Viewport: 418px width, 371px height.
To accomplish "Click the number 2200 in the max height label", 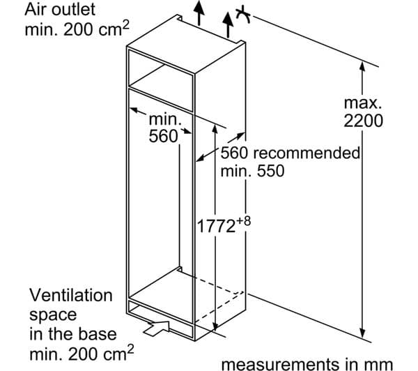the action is [x=363, y=121].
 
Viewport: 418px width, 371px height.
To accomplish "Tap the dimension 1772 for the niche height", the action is [x=216, y=227].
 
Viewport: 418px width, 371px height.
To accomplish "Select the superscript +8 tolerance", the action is [x=243, y=221].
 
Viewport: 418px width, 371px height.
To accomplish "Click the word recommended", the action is [x=307, y=153].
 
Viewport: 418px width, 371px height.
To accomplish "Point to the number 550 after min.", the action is [x=270, y=171].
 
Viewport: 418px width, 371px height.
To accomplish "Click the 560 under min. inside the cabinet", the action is [x=163, y=136].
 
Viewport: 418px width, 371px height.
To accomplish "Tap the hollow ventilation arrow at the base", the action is [x=157, y=328].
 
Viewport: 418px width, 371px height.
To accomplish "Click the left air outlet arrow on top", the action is [x=199, y=13].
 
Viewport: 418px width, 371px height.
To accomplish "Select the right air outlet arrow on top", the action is [x=228, y=24].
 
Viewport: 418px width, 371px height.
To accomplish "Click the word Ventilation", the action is [x=71, y=296].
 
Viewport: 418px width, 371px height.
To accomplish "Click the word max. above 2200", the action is [x=363, y=103].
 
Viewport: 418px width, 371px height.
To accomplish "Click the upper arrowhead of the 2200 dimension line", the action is [x=362, y=66].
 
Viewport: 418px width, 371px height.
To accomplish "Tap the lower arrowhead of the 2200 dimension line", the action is [x=362, y=333].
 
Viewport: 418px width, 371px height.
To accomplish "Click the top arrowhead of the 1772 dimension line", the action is [x=215, y=128].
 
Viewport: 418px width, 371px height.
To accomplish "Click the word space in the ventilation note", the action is [x=53, y=316].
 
